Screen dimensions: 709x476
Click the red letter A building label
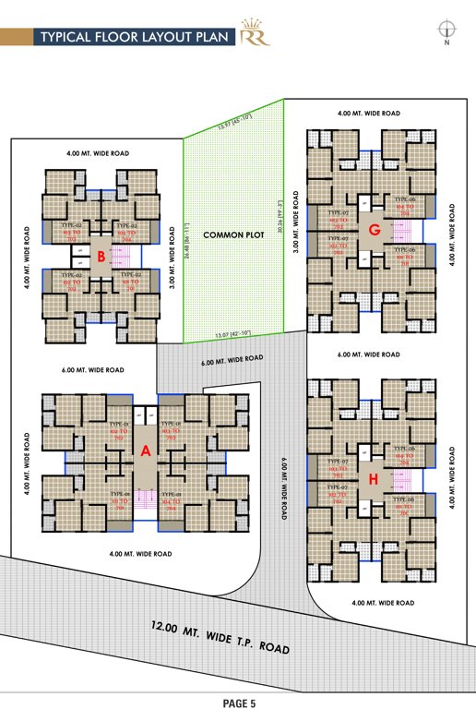coord(144,451)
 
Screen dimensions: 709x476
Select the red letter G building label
coord(374,228)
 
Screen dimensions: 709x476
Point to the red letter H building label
coord(374,478)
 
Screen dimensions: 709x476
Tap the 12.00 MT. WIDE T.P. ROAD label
coord(220,637)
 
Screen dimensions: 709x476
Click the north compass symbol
coord(447,31)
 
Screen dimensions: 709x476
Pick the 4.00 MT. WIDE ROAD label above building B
coord(96,151)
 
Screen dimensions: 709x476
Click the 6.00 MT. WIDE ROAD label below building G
coord(369,354)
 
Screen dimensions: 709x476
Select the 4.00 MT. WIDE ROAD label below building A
coord(140,553)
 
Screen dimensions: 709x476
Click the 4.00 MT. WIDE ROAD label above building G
coord(369,113)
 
